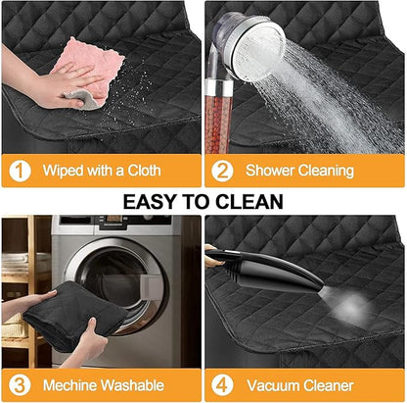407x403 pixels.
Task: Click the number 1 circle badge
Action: click(x=20, y=171)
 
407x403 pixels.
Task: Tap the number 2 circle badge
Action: click(x=222, y=171)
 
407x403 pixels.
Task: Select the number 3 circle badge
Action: click(x=20, y=385)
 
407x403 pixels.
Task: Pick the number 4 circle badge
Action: click(x=222, y=385)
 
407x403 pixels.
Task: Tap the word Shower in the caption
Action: click(x=270, y=171)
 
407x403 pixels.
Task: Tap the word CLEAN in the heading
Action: click(x=249, y=201)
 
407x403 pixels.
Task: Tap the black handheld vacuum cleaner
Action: click(x=264, y=269)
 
